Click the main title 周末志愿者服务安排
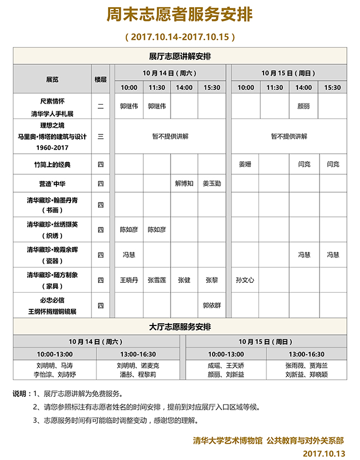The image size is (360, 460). coord(179,15)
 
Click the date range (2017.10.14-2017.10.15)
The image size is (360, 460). coord(181,37)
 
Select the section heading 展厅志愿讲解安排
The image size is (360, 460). coord(179,56)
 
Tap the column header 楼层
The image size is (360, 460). coord(100,79)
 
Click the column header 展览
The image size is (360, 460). coord(52,79)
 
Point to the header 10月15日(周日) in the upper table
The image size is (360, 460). coord(289,73)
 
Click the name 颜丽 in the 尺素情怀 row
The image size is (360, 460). coord(304,106)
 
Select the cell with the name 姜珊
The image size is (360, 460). coord(245,164)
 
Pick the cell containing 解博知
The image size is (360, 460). coord(184,183)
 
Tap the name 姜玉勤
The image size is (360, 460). coord(212,183)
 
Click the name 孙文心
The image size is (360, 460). coord(245,280)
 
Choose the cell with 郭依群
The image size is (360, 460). coord(212,305)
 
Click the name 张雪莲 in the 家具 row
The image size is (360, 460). coord(157,280)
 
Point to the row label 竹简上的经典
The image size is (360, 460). coord(52,164)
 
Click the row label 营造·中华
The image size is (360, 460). coord(52,183)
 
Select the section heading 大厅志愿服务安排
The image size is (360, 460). coord(179,327)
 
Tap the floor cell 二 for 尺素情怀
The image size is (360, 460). coord(100,106)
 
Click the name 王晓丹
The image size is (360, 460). coord(128,280)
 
